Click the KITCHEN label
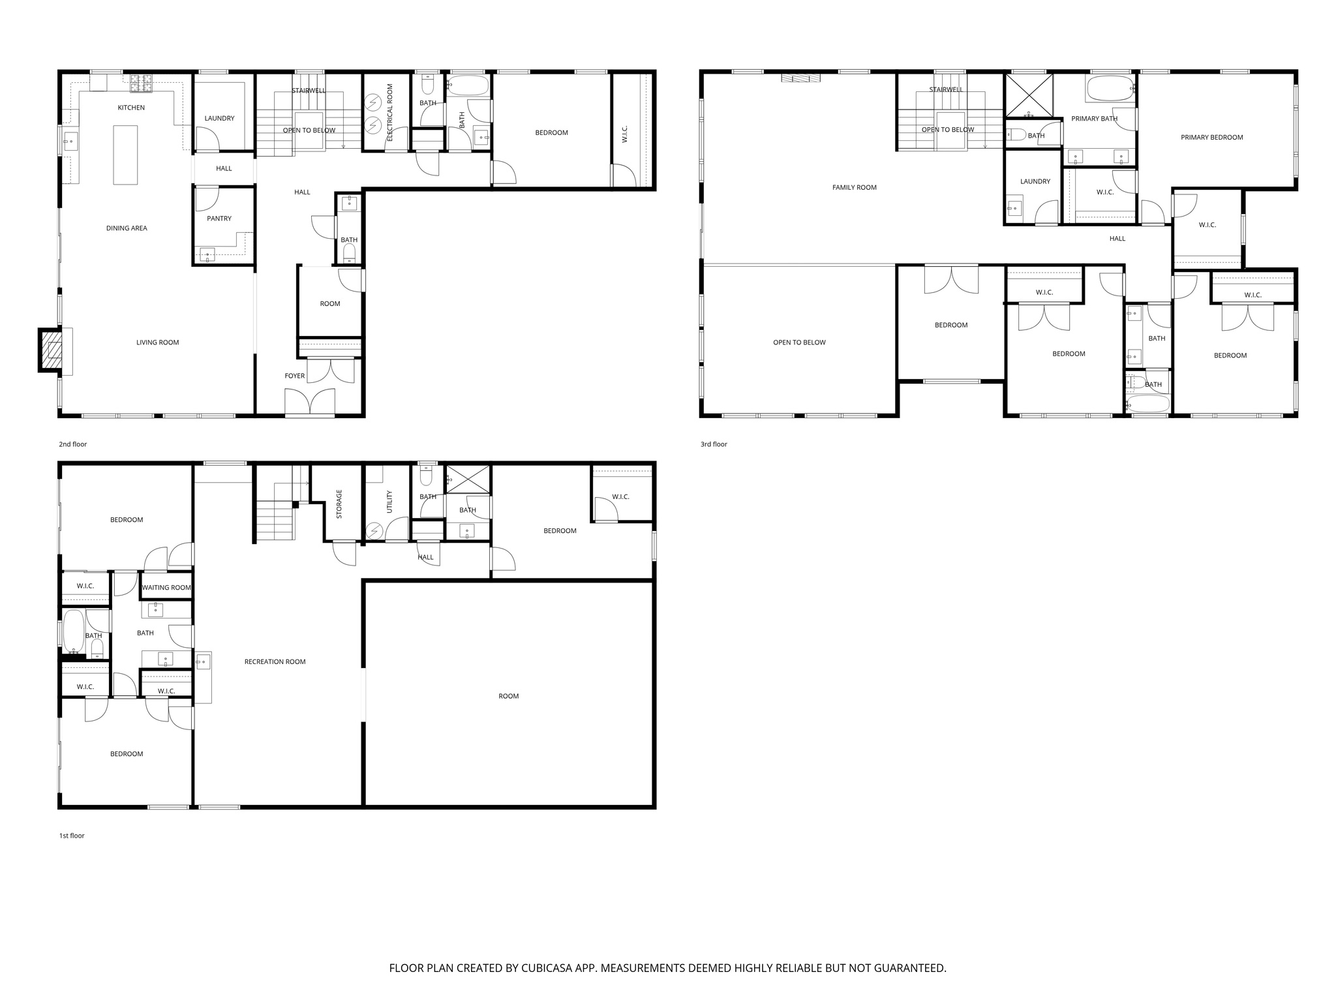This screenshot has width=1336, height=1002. pos(131,108)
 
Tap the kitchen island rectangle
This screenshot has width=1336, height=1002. pos(126,155)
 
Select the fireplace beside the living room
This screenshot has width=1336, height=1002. pos(51,351)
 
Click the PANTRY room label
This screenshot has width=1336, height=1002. pos(219,219)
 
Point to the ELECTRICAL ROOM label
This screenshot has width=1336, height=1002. pos(390,112)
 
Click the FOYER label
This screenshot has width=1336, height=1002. pos(295,376)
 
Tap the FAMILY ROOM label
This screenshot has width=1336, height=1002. pos(854,188)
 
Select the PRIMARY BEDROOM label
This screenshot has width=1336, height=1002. pos(1211,138)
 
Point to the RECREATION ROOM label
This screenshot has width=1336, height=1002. pos(275,661)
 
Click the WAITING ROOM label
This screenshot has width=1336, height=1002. pos(166,588)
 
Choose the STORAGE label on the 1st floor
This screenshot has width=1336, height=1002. pos(339,504)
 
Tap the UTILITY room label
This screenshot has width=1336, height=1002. pos(389,502)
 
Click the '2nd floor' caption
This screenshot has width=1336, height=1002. pos(73,444)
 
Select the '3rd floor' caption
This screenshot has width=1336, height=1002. pos(714,444)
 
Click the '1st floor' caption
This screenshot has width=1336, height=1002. pos(72,836)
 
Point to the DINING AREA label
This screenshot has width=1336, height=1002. pos(127,228)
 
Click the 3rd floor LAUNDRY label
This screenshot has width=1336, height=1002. pos(1035,181)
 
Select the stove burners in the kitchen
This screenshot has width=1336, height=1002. pos(141,83)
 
